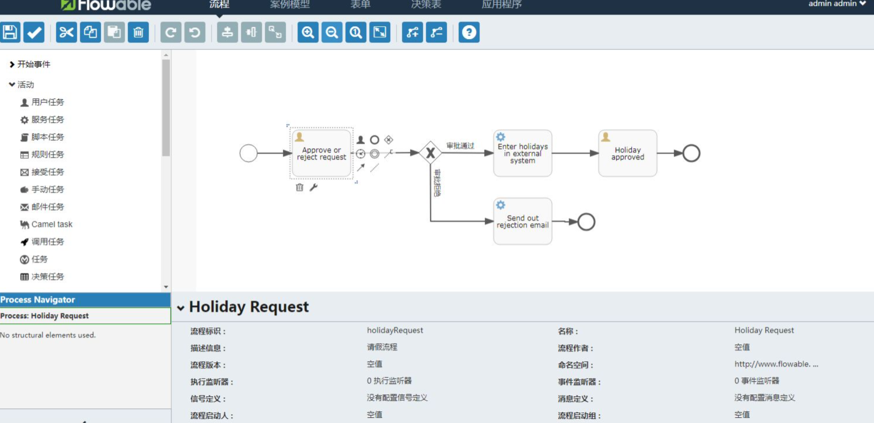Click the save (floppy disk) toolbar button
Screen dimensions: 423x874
click(x=10, y=32)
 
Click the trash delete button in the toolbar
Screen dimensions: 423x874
click(x=138, y=32)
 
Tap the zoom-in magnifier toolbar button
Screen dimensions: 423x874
click(x=308, y=32)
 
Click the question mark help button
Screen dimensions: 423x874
click(x=469, y=32)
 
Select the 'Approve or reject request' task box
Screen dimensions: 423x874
click(x=321, y=154)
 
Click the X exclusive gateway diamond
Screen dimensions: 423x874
click(x=431, y=153)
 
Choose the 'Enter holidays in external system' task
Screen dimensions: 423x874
click(x=522, y=153)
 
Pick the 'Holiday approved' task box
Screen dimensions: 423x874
click(x=627, y=153)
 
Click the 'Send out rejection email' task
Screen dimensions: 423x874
click(x=522, y=221)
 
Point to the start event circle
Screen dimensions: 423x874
click(x=249, y=153)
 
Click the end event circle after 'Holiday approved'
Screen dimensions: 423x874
click(x=691, y=153)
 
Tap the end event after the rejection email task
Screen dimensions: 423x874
click(x=586, y=221)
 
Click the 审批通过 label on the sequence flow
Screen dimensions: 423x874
click(x=460, y=146)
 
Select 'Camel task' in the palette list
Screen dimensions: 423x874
click(x=51, y=224)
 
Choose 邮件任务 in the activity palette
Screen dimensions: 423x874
click(x=47, y=207)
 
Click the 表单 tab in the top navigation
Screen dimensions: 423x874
click(x=360, y=5)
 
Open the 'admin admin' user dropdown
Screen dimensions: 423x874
click(x=837, y=4)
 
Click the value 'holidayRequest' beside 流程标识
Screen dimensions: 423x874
click(x=395, y=330)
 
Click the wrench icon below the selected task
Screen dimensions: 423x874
click(x=313, y=187)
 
